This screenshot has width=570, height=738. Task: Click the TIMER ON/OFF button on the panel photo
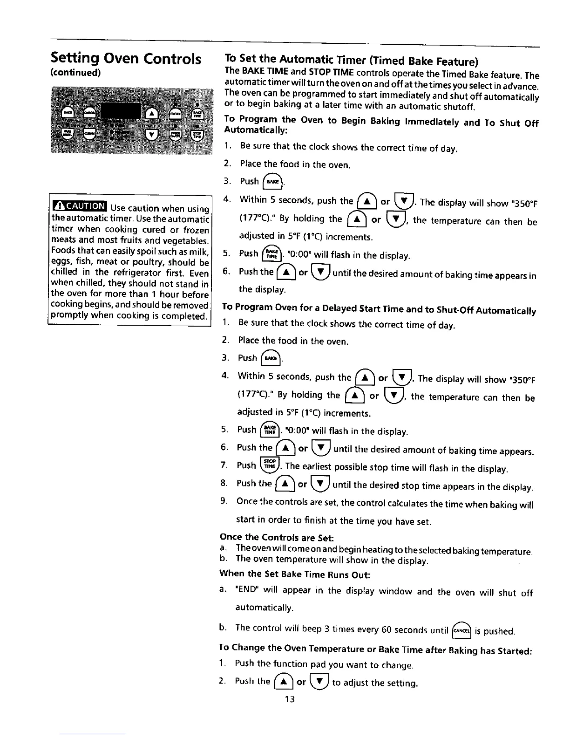[176, 135]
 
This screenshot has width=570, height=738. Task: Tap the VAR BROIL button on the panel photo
[68, 134]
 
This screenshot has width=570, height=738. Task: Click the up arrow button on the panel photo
[152, 114]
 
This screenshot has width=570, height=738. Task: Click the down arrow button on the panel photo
[152, 135]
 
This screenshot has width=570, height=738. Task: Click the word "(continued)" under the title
[75, 73]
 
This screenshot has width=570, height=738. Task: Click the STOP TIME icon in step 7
[270, 465]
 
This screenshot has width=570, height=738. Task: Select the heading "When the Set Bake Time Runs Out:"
[294, 574]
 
